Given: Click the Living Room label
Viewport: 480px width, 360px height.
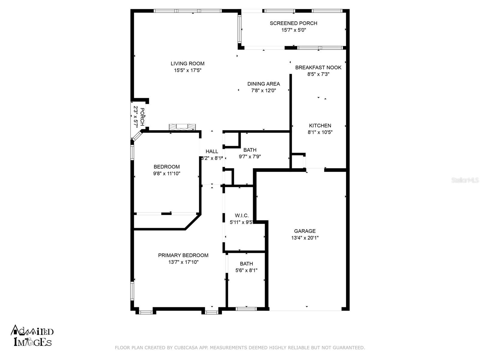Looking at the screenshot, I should pos(187,64).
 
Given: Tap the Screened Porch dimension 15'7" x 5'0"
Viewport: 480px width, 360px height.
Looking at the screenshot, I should pos(293,30).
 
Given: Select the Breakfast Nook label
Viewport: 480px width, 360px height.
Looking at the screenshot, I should pos(318,67).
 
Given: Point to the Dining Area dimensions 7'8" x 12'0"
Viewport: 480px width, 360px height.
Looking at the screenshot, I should pos(263,90).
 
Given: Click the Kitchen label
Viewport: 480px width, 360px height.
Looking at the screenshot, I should pos(320,126).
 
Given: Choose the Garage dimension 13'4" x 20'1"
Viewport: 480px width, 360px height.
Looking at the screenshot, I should pos(305,238).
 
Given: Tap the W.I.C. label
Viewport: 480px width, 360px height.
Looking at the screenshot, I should pos(241,215).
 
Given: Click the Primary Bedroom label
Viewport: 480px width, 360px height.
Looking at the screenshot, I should pos(183,255).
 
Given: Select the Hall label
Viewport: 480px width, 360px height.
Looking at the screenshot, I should pos(212,151).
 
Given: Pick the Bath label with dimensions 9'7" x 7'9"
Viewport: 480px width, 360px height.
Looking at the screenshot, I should pos(250,150).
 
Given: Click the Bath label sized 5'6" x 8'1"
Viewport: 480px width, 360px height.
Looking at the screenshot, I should pos(246,264).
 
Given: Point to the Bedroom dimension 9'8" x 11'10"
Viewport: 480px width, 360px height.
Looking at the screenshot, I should pos(166,173).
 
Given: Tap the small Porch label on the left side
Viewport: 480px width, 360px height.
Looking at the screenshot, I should pos(142,117).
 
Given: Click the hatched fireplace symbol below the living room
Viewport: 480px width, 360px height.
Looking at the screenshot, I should pos(182,127).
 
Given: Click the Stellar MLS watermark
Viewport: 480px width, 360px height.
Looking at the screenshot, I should pos(465,180).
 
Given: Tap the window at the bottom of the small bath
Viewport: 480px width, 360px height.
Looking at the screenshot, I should pos(246,309).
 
